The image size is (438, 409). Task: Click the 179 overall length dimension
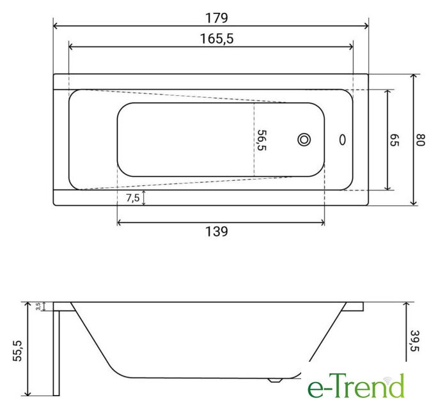click(217, 18)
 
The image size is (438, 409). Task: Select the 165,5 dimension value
click(217, 38)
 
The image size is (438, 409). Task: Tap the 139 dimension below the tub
click(217, 231)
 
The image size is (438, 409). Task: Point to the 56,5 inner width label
click(262, 140)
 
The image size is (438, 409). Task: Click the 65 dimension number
click(395, 140)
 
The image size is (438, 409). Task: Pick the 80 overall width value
click(421, 140)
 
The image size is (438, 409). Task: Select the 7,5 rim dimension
click(133, 197)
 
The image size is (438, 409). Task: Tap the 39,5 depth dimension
click(416, 341)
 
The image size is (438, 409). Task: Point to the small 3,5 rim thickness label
click(38, 306)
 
